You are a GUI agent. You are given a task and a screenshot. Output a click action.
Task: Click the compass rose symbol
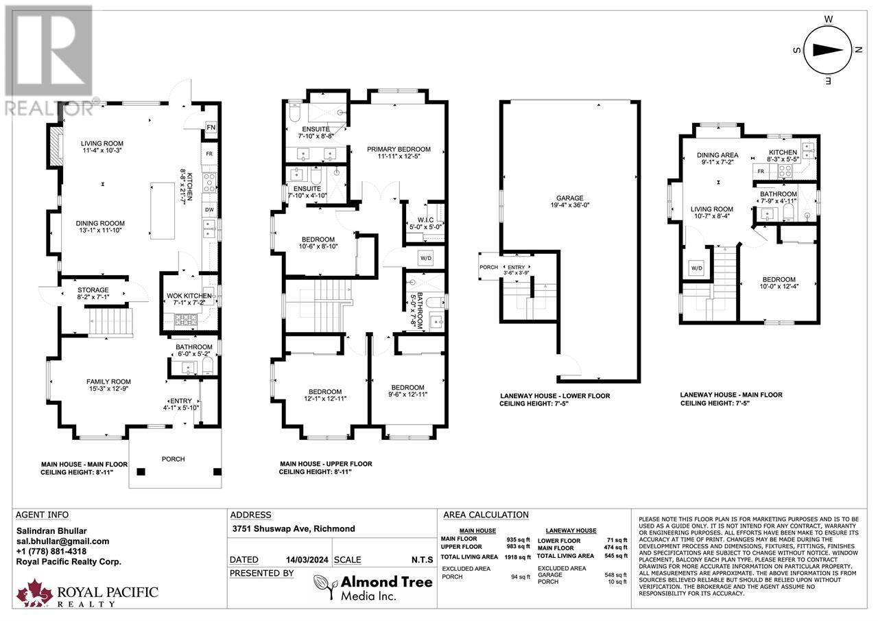pyautogui.click(x=828, y=49)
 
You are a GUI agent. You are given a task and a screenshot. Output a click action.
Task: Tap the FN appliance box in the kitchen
pyautogui.click(x=211, y=128)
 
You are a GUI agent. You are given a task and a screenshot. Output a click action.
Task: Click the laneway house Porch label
pyautogui.click(x=488, y=268)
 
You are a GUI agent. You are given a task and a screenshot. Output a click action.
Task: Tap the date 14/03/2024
pyautogui.click(x=302, y=560)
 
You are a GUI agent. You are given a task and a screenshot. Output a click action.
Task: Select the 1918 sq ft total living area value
pyautogui.click(x=518, y=556)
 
